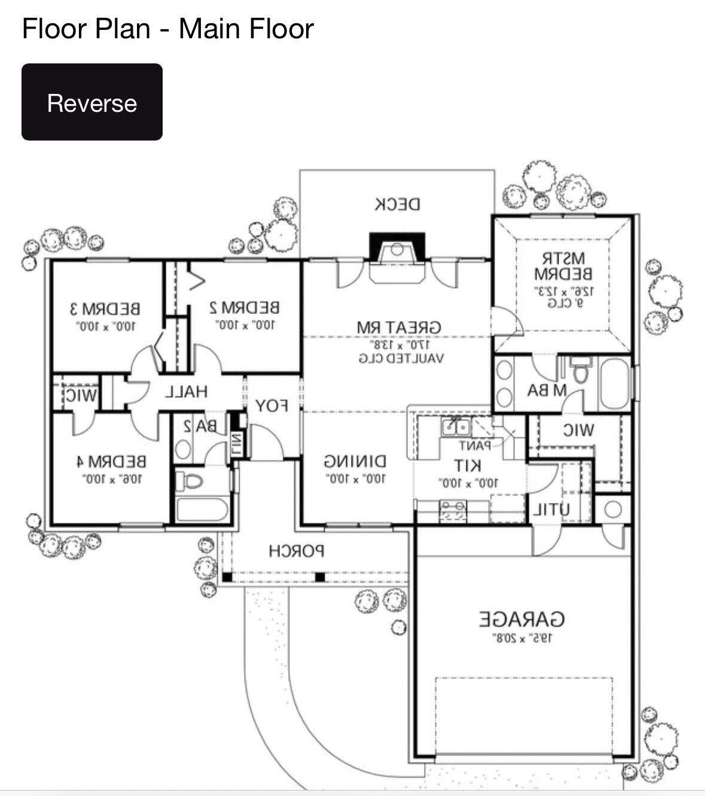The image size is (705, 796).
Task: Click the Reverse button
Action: pyautogui.click(x=91, y=102)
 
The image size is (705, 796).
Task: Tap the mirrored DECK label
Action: pyautogui.click(x=397, y=204)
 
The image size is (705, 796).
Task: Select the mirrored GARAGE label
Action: pyautogui.click(x=522, y=619)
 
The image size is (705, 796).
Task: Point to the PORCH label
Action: pyautogui.click(x=296, y=551)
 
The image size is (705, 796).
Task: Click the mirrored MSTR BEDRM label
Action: pyautogui.click(x=563, y=266)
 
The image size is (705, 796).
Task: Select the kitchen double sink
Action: pyautogui.click(x=455, y=427)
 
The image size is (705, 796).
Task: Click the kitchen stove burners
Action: pyautogui.click(x=453, y=510)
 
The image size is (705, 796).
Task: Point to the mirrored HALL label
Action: pyautogui.click(x=186, y=392)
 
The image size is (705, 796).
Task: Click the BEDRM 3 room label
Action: pyautogui.click(x=105, y=309)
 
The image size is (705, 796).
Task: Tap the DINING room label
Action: pyautogui.click(x=355, y=462)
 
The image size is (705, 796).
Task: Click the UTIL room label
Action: pyautogui.click(x=551, y=510)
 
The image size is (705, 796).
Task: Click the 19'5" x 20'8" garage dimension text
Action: pyautogui.click(x=522, y=638)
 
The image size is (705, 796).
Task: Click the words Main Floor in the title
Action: pyautogui.click(x=246, y=29)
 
